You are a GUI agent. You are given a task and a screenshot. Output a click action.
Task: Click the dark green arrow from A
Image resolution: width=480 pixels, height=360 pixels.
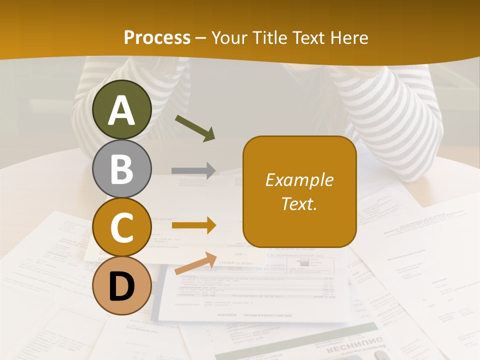coord(194,127)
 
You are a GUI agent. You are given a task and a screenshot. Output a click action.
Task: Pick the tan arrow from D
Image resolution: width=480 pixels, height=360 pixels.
coord(195,263)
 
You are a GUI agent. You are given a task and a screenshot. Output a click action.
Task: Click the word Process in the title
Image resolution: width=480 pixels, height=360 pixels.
coord(157,37)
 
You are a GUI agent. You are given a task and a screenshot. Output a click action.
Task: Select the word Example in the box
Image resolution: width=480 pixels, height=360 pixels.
coord(299,180)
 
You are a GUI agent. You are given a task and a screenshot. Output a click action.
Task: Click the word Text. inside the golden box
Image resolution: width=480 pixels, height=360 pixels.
coord(299,203)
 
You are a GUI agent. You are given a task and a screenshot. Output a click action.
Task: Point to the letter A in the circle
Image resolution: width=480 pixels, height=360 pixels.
coord(122,110)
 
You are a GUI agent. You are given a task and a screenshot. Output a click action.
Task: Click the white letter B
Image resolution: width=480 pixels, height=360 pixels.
coord(122,168)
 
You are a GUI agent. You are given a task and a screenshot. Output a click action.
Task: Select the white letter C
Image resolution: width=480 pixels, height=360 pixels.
coord(122,227)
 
